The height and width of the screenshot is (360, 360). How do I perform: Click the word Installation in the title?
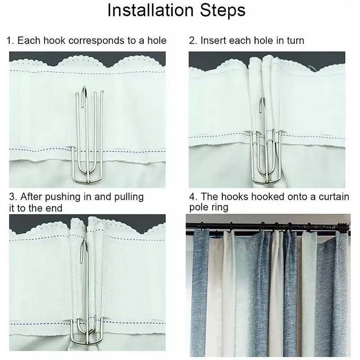(151, 10)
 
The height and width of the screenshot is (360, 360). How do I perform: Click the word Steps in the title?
(223, 11)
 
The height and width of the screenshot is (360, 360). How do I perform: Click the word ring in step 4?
(219, 207)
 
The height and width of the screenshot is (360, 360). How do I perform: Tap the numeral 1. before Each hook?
(10, 40)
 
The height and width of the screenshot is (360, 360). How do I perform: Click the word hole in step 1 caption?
(157, 40)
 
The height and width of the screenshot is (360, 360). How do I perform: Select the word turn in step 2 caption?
(296, 40)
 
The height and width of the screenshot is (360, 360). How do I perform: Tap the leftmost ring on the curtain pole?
(202, 226)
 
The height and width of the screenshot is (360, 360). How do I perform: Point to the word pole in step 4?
(198, 207)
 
